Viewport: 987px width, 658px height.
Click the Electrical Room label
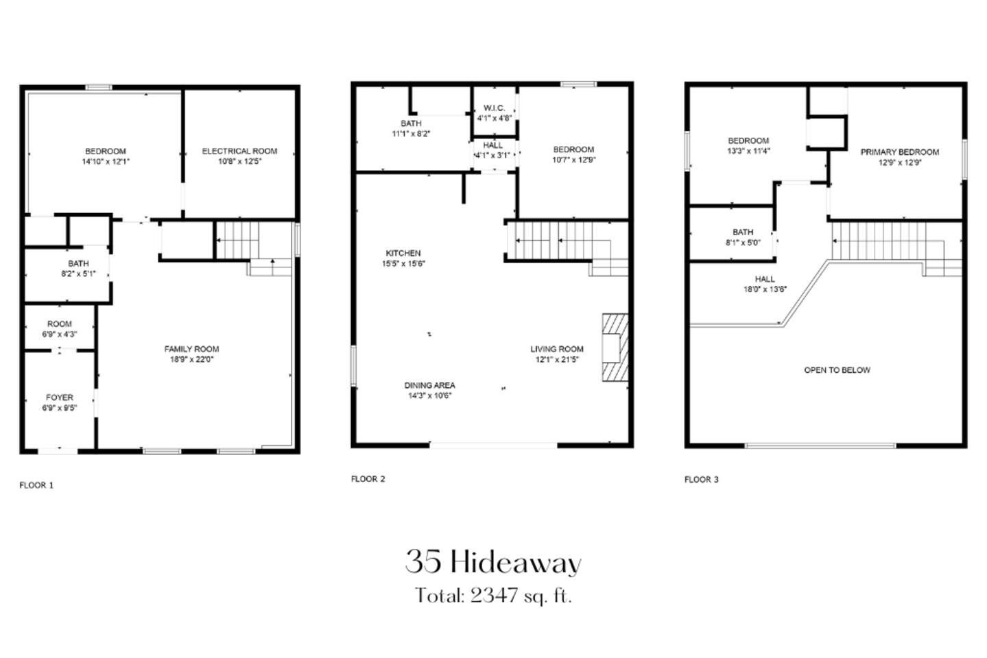pyautogui.click(x=239, y=151)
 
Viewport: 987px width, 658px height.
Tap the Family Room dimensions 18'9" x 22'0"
pyautogui.click(x=191, y=359)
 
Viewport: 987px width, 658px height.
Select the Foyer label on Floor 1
pyautogui.click(x=60, y=398)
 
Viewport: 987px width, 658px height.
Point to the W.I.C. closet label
pyautogui.click(x=494, y=108)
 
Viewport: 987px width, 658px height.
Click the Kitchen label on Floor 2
pyautogui.click(x=403, y=253)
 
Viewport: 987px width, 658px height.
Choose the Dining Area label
pyautogui.click(x=429, y=385)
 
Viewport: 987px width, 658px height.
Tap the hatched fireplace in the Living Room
pyautogui.click(x=615, y=347)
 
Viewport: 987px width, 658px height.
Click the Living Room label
pyautogui.click(x=557, y=350)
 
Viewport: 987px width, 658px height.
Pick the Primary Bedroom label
pyautogui.click(x=900, y=152)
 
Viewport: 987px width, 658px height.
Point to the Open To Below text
pyautogui.click(x=837, y=370)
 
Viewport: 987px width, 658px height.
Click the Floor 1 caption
pyautogui.click(x=36, y=485)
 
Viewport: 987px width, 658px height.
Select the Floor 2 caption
pyautogui.click(x=368, y=479)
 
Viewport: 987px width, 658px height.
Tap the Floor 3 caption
pyautogui.click(x=702, y=480)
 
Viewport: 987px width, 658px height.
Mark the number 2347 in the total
pyautogui.click(x=494, y=596)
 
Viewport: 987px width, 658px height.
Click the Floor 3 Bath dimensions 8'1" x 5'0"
pyautogui.click(x=744, y=243)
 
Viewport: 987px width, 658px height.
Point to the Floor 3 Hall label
pyautogui.click(x=765, y=279)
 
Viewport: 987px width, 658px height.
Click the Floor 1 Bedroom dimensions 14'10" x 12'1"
pyautogui.click(x=106, y=162)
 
